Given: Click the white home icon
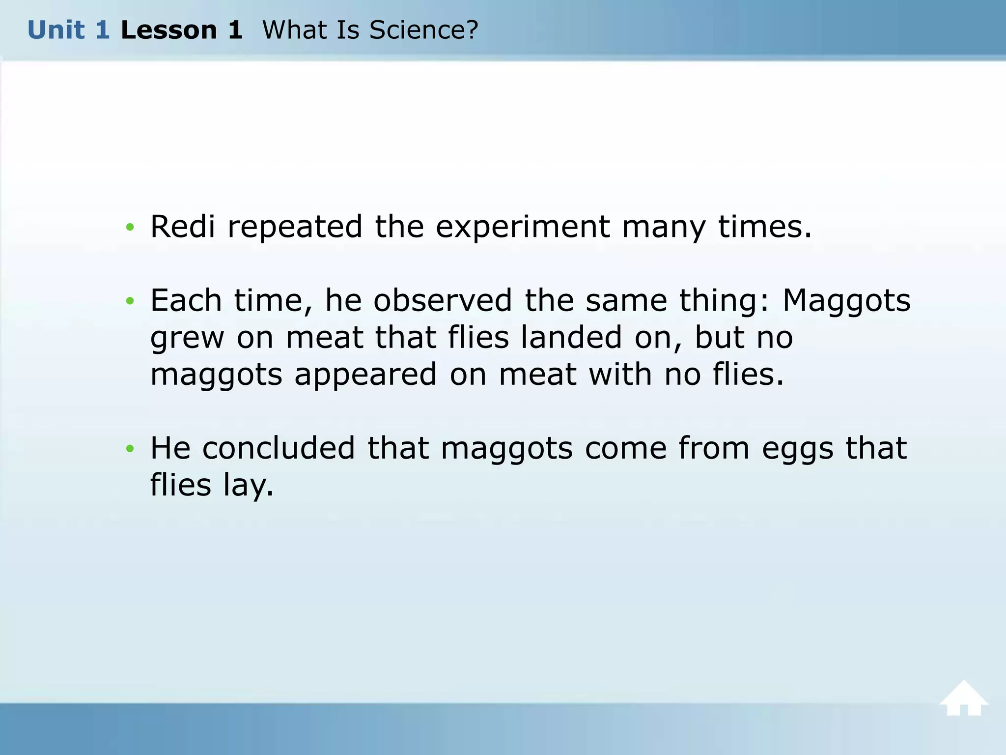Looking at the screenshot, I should click(x=963, y=698).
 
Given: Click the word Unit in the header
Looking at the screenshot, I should click(x=56, y=30).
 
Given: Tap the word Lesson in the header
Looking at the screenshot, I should click(x=168, y=30).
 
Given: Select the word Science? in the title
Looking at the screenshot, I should click(x=423, y=30).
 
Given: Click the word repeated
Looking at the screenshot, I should click(x=295, y=228).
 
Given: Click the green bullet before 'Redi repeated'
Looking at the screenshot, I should click(x=130, y=227).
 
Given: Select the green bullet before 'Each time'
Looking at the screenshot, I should click(x=130, y=301).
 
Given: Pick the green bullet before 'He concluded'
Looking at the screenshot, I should click(x=130, y=448).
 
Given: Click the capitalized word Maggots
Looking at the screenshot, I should click(x=846, y=301).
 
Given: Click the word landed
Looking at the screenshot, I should click(x=571, y=337).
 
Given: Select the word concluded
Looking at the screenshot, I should click(x=279, y=448).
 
